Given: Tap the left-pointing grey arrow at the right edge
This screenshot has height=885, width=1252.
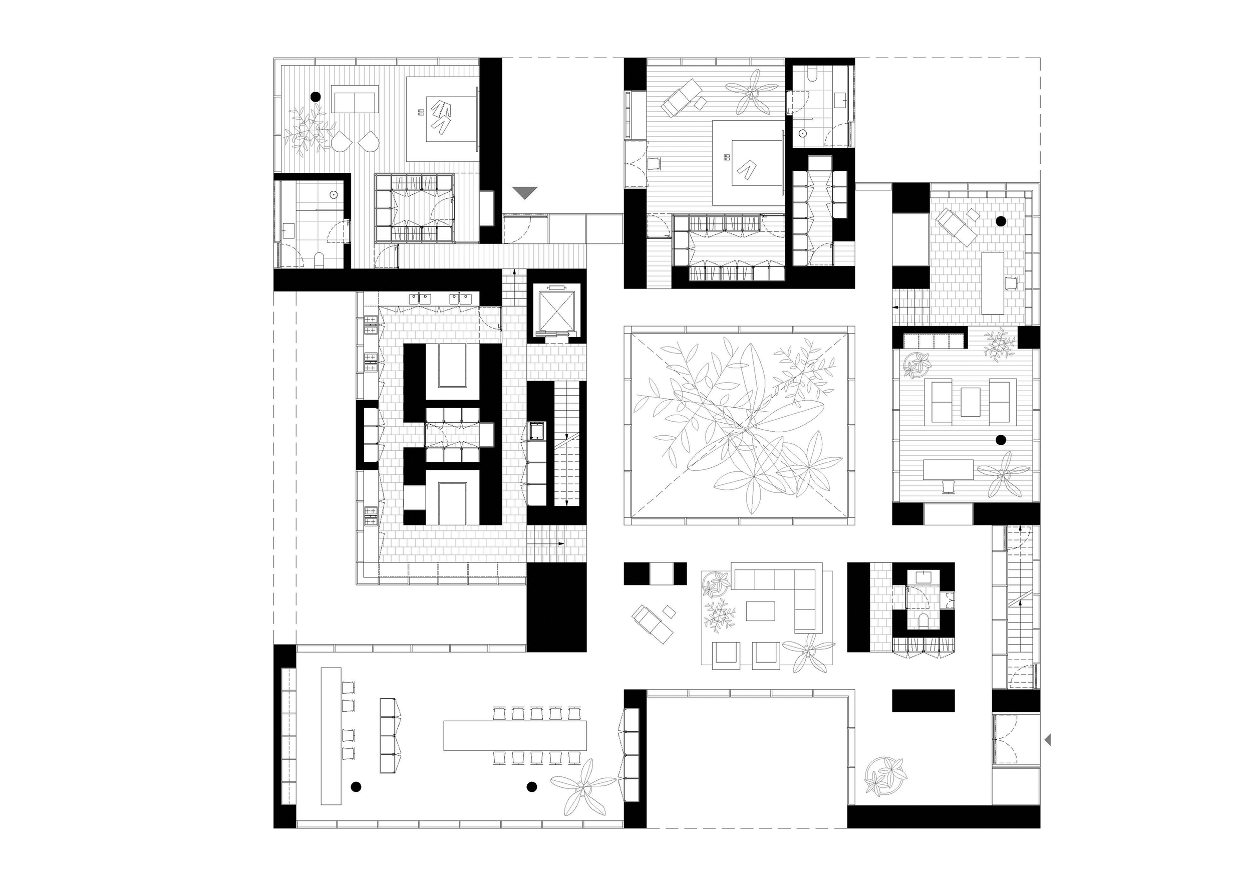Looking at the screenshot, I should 1047,740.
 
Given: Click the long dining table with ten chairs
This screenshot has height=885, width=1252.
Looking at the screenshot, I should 515,736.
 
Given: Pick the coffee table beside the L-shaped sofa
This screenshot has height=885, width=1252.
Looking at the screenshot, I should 760,611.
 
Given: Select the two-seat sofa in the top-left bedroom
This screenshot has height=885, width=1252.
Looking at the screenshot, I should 356,102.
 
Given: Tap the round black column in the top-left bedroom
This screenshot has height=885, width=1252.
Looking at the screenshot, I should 315,97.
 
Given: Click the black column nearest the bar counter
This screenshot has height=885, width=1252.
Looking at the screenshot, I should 356,786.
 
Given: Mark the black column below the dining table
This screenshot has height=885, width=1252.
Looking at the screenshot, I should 532,786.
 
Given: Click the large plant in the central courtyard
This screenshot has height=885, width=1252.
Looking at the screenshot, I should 739,425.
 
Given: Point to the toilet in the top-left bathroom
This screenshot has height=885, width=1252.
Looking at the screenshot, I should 320,259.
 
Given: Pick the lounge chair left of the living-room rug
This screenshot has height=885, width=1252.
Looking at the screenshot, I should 653,623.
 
